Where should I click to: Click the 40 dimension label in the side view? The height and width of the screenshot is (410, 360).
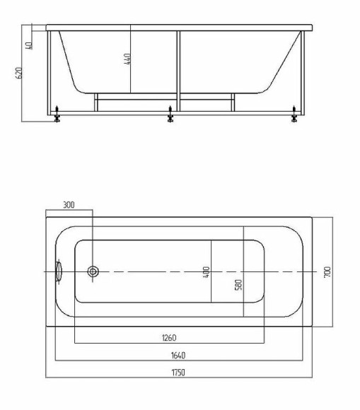(29, 45)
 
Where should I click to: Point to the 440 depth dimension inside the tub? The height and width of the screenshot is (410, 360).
(127, 59)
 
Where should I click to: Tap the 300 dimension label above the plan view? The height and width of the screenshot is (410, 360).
(69, 205)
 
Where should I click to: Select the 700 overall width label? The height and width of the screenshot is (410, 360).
(327, 272)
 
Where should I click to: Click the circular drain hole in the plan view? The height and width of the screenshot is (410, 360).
(93, 272)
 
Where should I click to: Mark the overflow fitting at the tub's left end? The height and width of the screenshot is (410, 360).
(59, 271)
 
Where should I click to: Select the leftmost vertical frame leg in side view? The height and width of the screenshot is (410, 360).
(50, 71)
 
